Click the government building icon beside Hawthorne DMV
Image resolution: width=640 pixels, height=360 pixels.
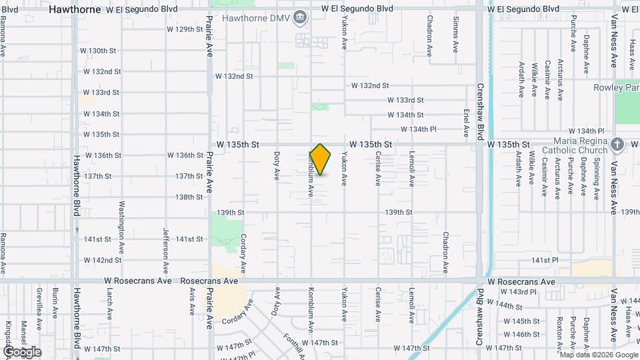point(300,16)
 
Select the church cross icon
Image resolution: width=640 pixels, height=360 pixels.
point(618,144)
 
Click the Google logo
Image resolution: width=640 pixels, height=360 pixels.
point(22,352)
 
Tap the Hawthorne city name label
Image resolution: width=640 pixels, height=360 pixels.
point(75,10)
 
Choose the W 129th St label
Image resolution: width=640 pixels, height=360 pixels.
point(185,29)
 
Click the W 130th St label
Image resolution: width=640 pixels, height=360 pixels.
point(98,51)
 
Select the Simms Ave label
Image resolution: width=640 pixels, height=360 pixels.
point(457,35)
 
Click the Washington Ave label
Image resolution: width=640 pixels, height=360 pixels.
point(122,219)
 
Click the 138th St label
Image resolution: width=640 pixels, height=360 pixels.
point(189,197)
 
